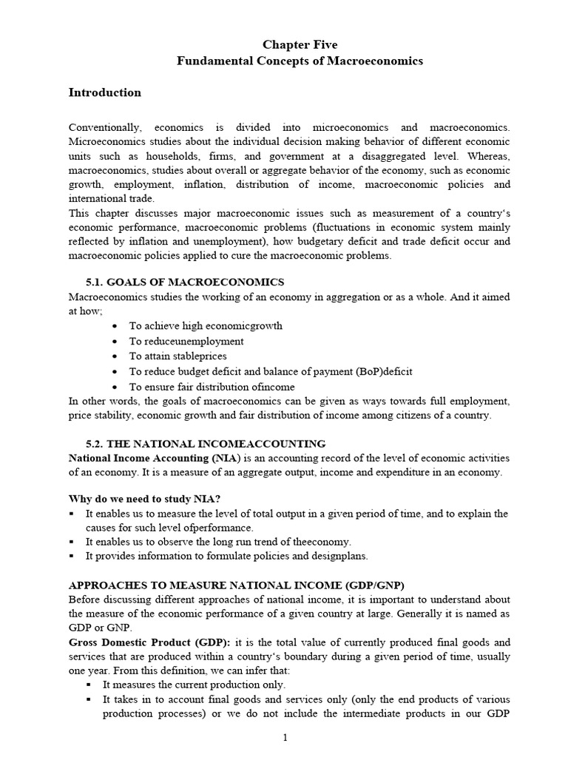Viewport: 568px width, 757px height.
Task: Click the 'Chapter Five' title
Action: pos(300,45)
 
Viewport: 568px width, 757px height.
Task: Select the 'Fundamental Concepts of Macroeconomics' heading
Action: pos(300,61)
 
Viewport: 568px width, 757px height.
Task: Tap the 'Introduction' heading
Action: pos(104,93)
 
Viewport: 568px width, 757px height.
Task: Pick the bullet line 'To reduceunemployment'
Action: pos(186,342)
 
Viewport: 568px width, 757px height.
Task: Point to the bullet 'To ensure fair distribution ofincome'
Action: pos(212,387)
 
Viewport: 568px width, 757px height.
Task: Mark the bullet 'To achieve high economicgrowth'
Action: pos(206,326)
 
